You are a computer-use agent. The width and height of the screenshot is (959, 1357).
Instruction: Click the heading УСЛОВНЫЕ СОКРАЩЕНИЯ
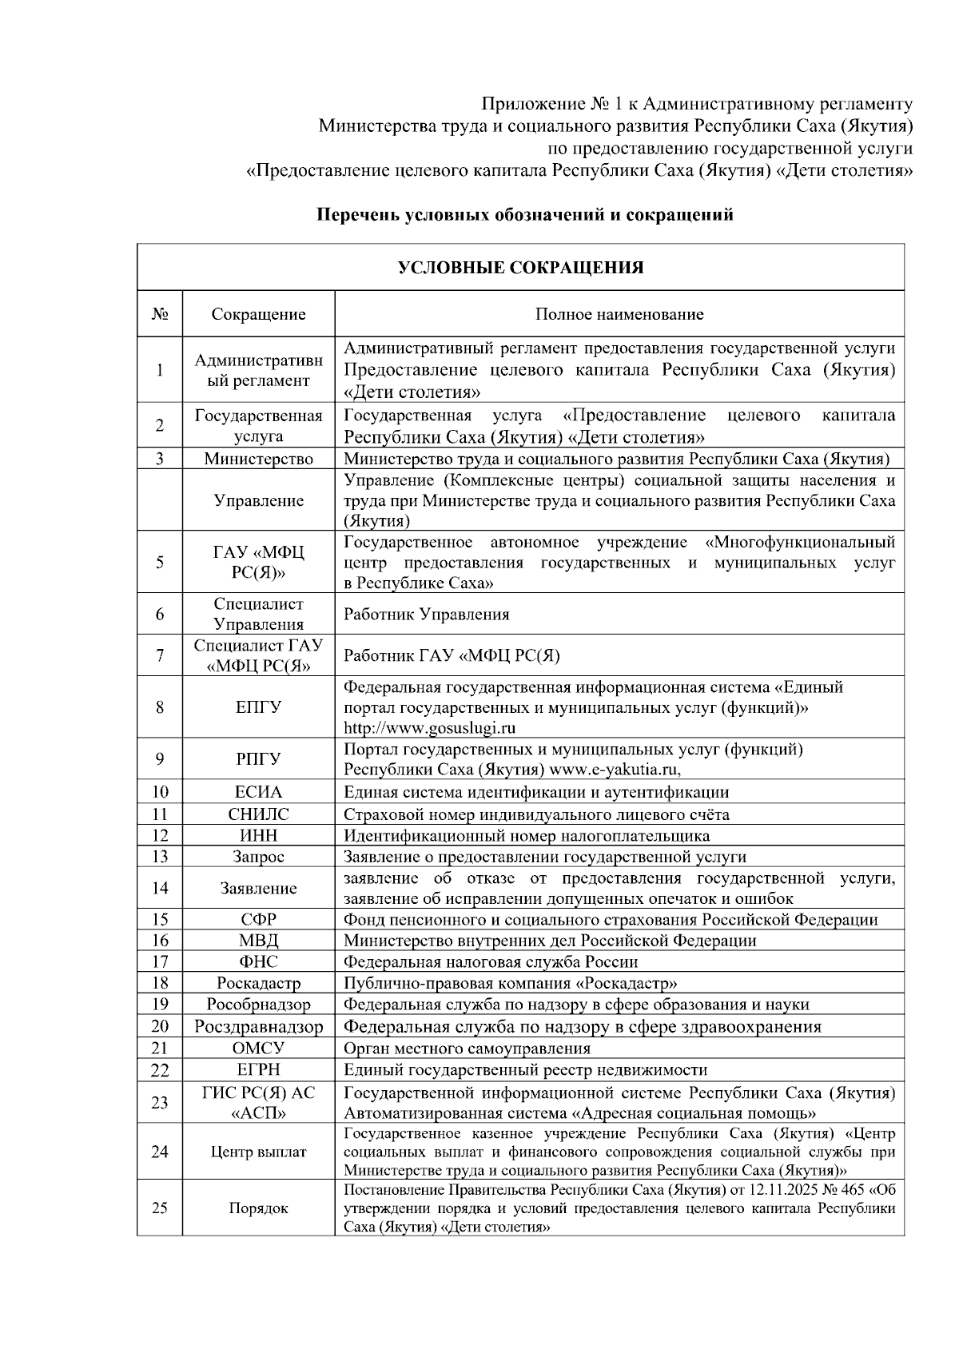(x=520, y=268)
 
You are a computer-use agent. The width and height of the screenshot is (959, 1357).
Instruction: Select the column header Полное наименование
(x=619, y=314)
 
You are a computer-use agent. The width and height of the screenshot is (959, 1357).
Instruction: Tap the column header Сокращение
(x=258, y=314)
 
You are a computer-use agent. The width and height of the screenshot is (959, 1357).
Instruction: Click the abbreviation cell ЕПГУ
(x=258, y=707)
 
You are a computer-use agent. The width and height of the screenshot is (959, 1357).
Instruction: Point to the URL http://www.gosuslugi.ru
(x=429, y=727)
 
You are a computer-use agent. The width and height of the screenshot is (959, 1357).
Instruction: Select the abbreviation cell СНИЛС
(x=258, y=814)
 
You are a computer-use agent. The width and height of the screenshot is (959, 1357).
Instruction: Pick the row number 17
(x=160, y=961)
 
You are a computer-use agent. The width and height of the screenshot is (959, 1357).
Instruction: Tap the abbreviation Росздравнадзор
(x=258, y=1027)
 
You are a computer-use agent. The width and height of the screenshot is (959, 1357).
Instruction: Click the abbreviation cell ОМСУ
(x=258, y=1048)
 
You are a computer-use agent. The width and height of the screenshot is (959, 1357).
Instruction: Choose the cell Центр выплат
(x=258, y=1152)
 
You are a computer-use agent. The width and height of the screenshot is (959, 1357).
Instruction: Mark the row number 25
(x=160, y=1208)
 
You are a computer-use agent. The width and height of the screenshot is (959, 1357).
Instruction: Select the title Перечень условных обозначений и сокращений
(x=524, y=215)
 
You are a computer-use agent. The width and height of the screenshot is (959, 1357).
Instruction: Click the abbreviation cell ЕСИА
(x=258, y=792)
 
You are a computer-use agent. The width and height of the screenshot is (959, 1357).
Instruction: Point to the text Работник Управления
(x=426, y=615)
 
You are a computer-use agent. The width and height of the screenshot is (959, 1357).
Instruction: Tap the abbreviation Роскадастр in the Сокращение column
(x=258, y=983)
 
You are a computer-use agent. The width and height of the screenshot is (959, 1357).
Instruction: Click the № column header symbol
(x=160, y=314)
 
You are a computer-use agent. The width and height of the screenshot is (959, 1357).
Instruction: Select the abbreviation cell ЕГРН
(x=258, y=1069)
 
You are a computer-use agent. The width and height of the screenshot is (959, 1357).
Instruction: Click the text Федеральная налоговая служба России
(x=491, y=962)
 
